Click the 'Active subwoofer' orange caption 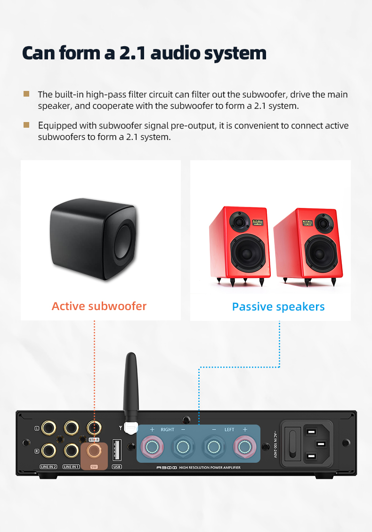click(x=99, y=306)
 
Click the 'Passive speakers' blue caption click(x=278, y=307)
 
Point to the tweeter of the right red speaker click(x=324, y=222)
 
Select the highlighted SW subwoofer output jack click(x=94, y=451)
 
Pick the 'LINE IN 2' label click(x=49, y=467)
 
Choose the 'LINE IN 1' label click(x=71, y=467)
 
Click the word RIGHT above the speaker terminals click(x=167, y=430)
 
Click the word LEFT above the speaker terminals click(x=229, y=430)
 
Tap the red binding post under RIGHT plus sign click(x=153, y=446)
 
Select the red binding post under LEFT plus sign click(x=244, y=446)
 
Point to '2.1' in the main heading click(x=132, y=53)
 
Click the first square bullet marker click(x=27, y=94)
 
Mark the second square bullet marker click(x=27, y=125)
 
